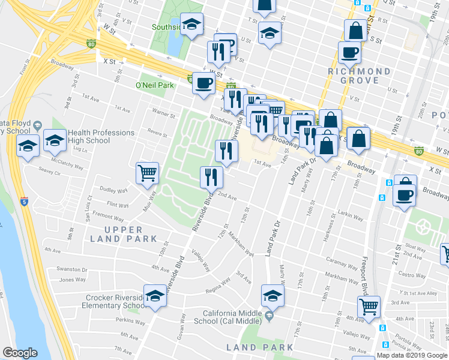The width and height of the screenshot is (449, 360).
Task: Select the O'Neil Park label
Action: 155,85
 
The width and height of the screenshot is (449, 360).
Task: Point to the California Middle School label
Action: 232,317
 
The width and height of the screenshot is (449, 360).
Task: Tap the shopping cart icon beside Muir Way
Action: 147,173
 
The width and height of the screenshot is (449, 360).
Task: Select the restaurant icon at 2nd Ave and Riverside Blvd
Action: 211,176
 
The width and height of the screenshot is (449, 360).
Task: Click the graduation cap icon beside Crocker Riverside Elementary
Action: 155,296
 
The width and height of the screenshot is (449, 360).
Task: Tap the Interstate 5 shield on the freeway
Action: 23,202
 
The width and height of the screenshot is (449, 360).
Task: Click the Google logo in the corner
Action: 20,353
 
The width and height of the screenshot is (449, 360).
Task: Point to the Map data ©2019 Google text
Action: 412,355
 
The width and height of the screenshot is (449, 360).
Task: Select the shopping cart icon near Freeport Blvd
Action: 369,307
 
